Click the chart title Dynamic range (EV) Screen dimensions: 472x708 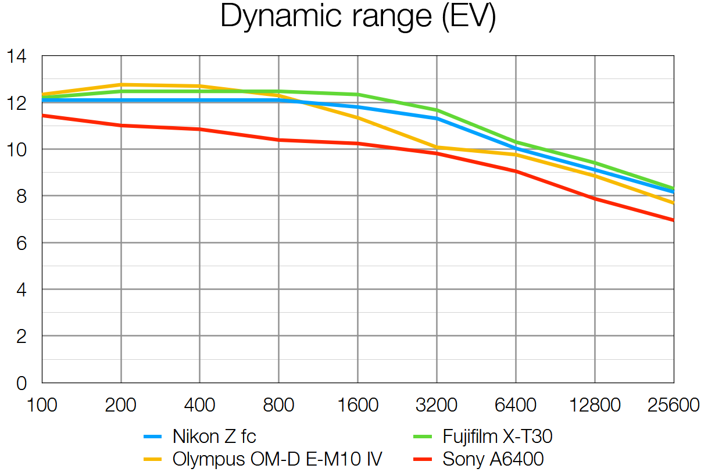point(358,17)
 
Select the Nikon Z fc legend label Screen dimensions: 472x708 point(214,436)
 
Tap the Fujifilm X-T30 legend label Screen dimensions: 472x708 point(497,436)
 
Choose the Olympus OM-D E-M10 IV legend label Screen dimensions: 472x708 point(277,459)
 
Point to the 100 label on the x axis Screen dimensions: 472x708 point(42,405)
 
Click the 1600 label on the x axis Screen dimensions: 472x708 point(357,405)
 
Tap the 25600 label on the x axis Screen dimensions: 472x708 point(673,405)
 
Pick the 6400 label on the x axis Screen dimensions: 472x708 point(516,405)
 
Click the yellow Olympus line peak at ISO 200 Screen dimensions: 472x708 point(121,84)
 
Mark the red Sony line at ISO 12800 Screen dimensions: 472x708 point(595,199)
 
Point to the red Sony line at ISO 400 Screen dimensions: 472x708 point(200,129)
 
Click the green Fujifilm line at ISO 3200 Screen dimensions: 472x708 point(437,110)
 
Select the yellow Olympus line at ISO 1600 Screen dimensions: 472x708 point(357,117)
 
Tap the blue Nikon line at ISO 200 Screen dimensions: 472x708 point(121,101)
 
